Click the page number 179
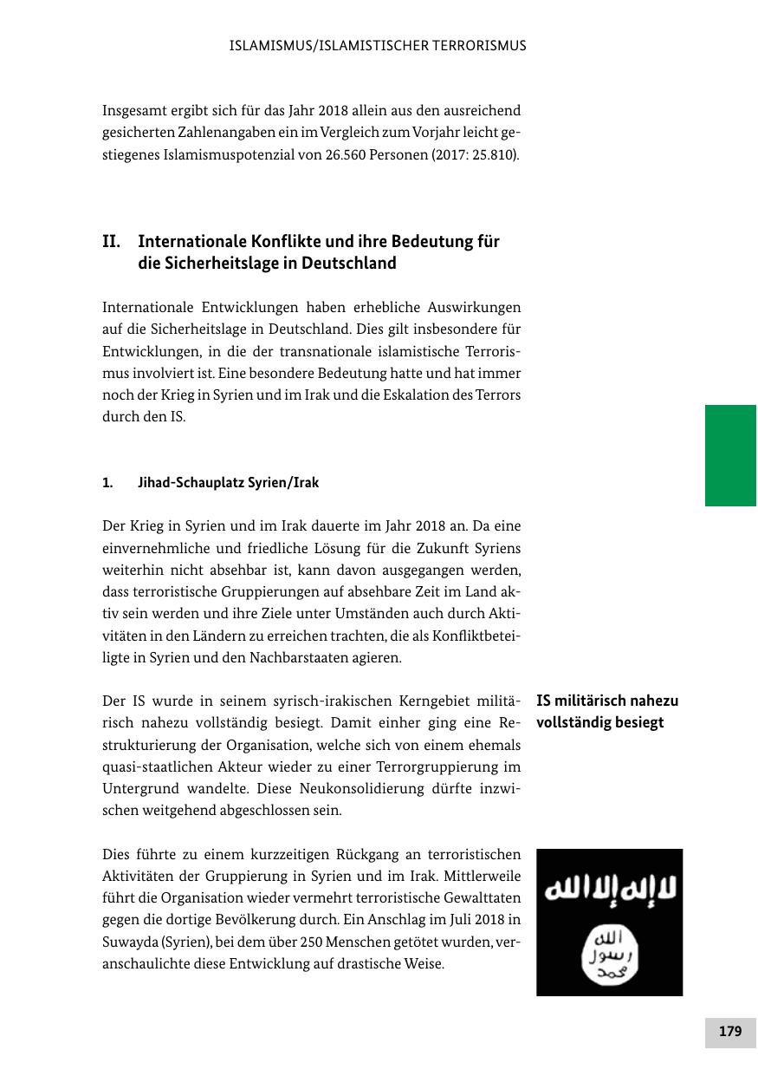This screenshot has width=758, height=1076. coord(730,1032)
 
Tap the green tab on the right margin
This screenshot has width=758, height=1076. coord(730,455)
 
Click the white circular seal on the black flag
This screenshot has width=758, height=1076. coord(609,956)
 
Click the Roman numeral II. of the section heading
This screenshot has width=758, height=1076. coord(111,241)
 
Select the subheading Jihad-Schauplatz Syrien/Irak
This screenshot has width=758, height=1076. coord(228,483)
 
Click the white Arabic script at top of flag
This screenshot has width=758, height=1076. coord(609,891)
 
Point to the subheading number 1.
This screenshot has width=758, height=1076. coord(107,483)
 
